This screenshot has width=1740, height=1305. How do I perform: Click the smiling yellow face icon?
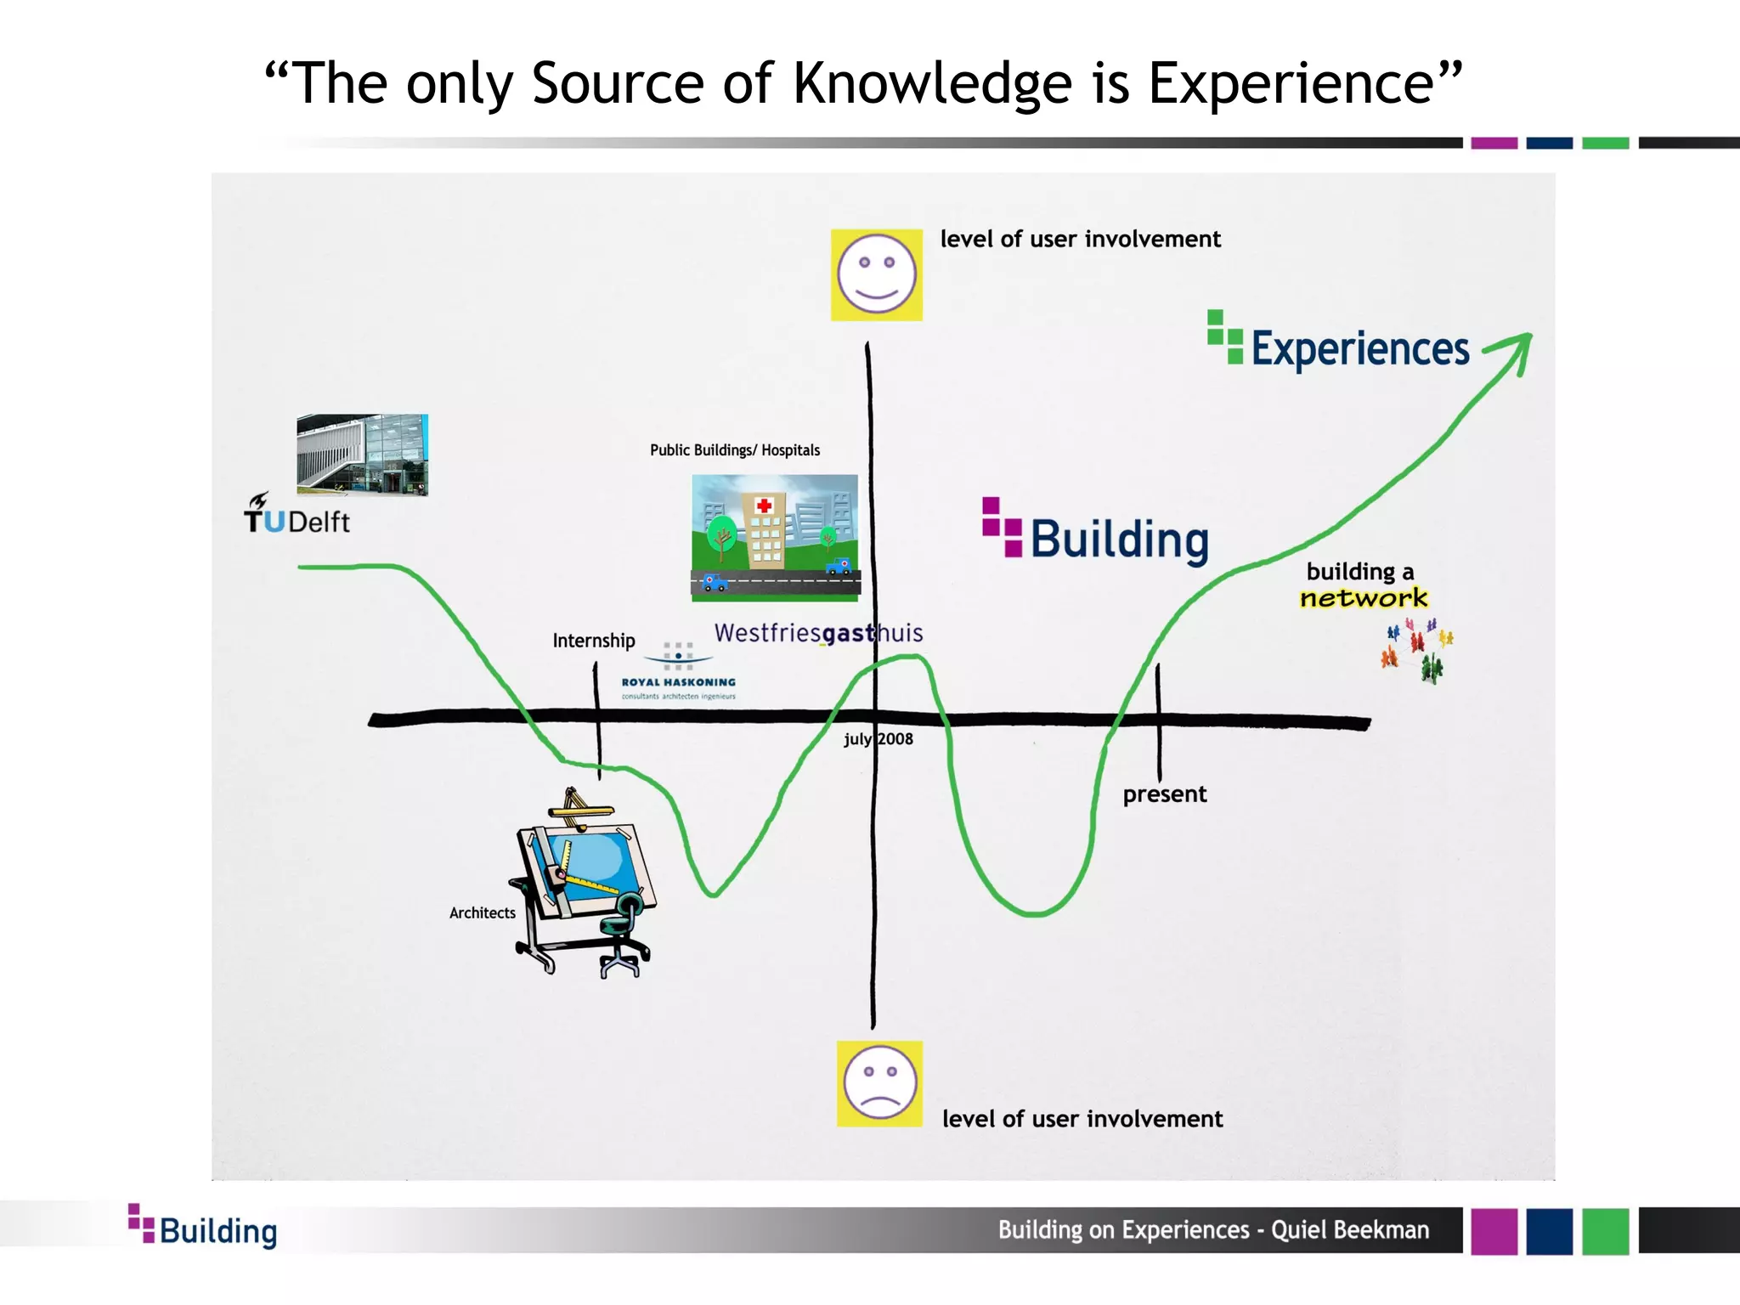click(876, 274)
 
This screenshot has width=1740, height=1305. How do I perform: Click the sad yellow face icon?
click(879, 1083)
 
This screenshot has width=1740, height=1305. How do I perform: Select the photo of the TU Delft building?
click(362, 455)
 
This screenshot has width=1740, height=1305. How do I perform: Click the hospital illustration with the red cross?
click(775, 537)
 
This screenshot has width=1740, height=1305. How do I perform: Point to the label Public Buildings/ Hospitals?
click(735, 450)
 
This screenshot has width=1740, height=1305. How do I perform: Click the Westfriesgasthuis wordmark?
click(817, 633)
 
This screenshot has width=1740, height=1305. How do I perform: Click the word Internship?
click(593, 641)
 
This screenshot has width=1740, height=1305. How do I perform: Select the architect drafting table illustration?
click(585, 884)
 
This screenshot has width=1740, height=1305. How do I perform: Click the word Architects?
click(482, 913)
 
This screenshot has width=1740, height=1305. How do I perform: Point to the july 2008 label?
click(878, 739)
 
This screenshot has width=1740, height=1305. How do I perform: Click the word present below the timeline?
click(1164, 794)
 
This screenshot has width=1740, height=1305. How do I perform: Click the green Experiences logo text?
click(1359, 348)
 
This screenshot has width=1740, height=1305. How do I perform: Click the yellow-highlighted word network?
click(1364, 598)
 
